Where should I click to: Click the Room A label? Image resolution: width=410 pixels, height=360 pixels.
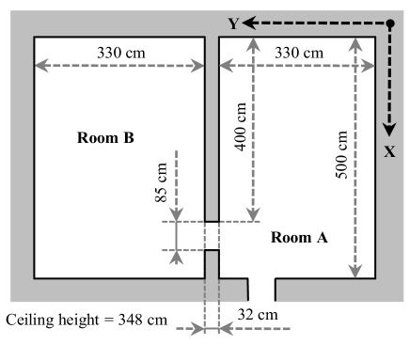(299, 238)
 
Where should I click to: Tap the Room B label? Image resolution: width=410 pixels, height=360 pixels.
(105, 138)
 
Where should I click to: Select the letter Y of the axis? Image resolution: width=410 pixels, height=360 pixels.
(234, 23)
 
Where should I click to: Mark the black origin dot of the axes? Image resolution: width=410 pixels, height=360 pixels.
(389, 23)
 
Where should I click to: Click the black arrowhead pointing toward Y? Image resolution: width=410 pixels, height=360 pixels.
(250, 23)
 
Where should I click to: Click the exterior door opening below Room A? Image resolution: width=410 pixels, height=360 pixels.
(261, 290)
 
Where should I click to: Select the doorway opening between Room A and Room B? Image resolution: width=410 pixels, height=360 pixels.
(212, 236)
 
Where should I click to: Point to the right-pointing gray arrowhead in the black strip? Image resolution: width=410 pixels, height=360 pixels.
(198, 329)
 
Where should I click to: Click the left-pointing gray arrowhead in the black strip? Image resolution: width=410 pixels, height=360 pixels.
(225, 329)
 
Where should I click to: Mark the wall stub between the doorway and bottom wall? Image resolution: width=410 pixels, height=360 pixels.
(212, 264)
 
